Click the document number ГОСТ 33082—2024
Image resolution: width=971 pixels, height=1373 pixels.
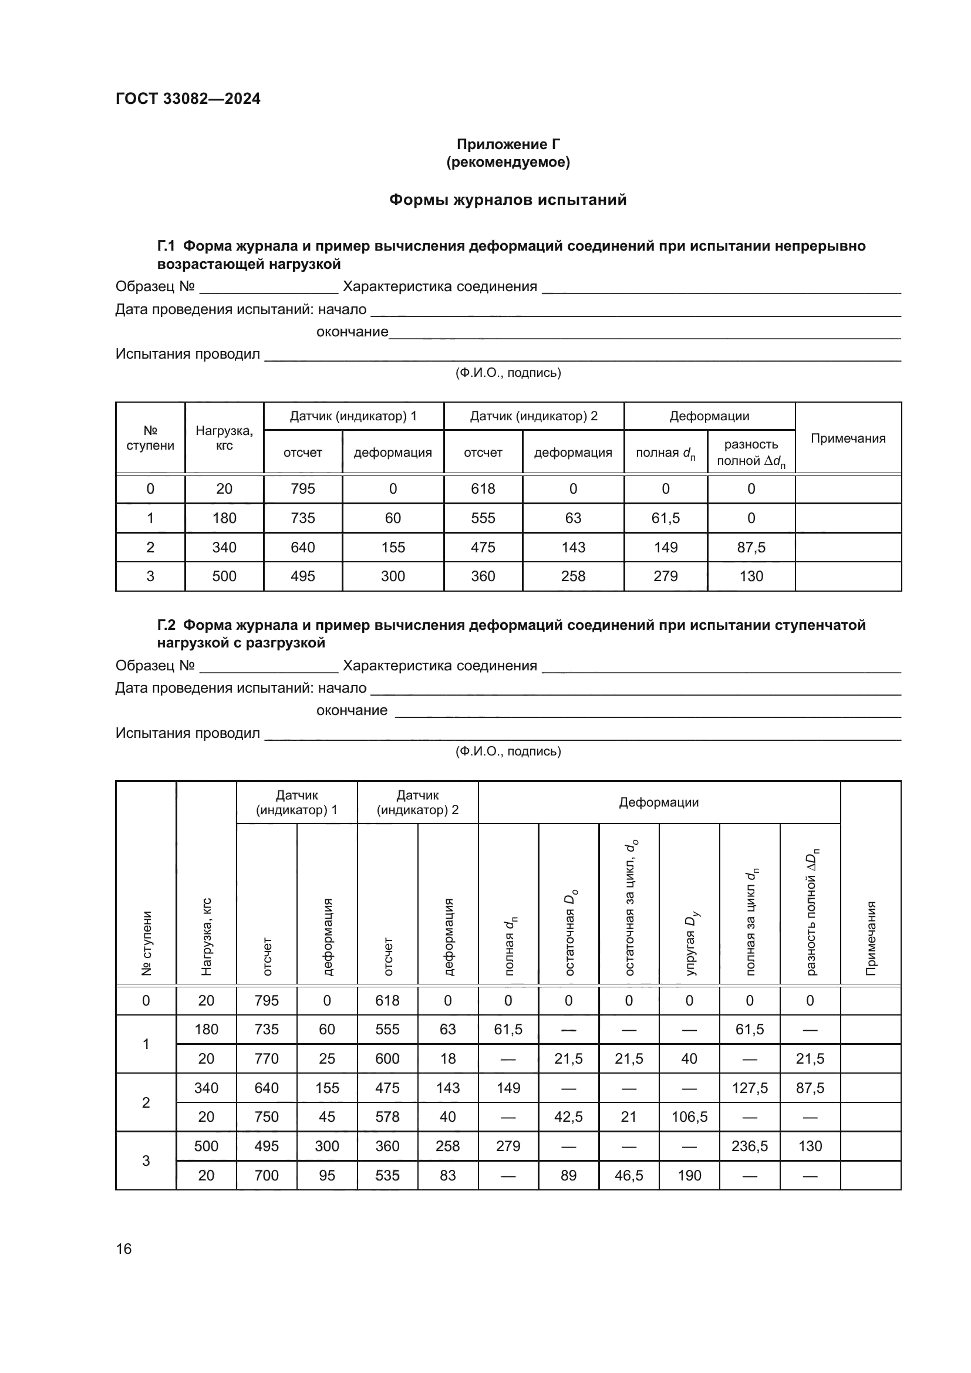click(x=188, y=99)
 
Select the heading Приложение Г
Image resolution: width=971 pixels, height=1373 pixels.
click(x=508, y=144)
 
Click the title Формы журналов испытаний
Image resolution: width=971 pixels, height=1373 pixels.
click(x=508, y=200)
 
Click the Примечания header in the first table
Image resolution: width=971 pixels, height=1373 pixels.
click(x=848, y=438)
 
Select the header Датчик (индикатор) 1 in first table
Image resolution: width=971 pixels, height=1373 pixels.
click(x=353, y=416)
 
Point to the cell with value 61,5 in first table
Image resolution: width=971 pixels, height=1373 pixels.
click(x=666, y=518)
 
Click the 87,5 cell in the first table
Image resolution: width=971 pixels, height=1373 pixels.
click(x=751, y=547)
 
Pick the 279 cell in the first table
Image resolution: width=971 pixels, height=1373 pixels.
click(x=666, y=576)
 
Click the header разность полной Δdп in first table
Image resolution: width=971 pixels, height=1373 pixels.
click(x=751, y=453)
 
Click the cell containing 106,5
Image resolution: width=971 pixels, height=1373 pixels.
click(x=689, y=1116)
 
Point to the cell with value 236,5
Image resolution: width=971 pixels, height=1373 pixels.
click(x=750, y=1146)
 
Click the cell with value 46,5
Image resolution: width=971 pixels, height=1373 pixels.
click(x=629, y=1175)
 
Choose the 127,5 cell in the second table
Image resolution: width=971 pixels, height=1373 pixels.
click(x=750, y=1088)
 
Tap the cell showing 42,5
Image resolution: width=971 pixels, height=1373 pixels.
click(x=568, y=1116)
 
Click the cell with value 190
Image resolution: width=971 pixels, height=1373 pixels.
click(x=689, y=1175)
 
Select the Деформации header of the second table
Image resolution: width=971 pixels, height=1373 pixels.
click(x=658, y=802)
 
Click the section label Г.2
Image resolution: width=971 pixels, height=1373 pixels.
click(x=166, y=625)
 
